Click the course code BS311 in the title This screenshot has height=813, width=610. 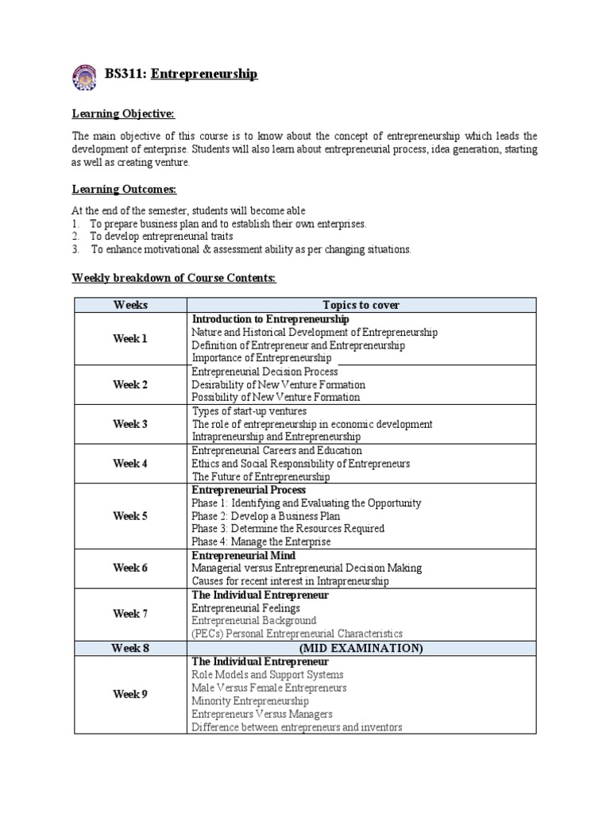124,74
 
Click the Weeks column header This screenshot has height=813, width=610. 130,305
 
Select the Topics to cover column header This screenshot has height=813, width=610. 361,305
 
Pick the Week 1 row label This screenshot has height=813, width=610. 130,339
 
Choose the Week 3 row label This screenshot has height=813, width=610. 130,424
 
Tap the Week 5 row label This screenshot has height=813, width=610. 130,516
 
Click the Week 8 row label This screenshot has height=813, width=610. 130,649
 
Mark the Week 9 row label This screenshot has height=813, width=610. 130,695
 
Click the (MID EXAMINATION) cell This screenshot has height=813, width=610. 361,649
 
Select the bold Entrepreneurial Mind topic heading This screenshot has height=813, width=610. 243,556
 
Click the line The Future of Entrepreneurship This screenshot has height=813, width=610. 261,477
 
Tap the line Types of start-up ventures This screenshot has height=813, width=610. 249,411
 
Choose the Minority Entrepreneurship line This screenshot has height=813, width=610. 250,701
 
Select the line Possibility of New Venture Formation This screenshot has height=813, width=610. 276,397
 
